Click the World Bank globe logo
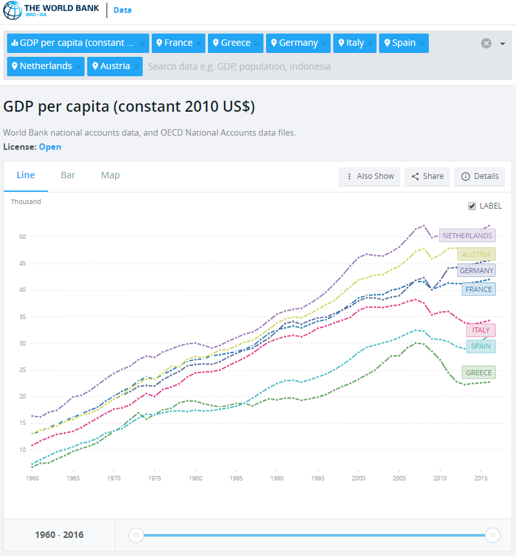12,11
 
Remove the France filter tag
199,43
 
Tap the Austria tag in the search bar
114,67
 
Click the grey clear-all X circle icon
486,43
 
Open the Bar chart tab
68,176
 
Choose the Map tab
110,176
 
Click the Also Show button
369,176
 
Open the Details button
480,176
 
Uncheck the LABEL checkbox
472,206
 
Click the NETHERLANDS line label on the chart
467,236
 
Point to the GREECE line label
478,373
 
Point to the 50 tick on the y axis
22,237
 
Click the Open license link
50,147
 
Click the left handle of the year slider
136,535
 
